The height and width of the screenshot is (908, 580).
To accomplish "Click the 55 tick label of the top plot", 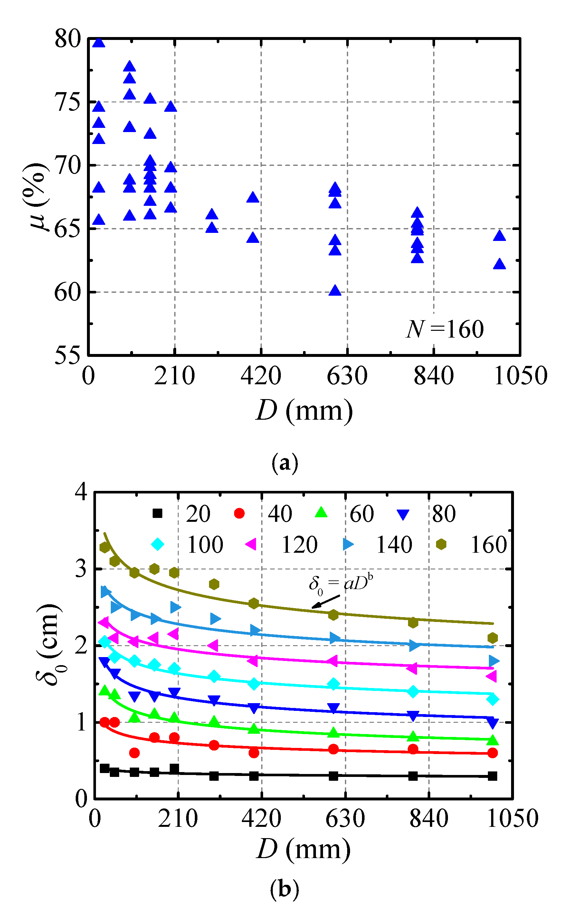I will [x=68, y=355].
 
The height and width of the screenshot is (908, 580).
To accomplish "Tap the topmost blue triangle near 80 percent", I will [x=99, y=43].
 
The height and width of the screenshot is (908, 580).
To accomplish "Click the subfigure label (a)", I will [x=285, y=464].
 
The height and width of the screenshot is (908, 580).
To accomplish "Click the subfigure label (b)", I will [x=285, y=889].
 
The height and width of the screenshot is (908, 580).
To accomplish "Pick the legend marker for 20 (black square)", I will [x=157, y=513].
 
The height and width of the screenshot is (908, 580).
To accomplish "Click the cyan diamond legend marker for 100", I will [x=157, y=544].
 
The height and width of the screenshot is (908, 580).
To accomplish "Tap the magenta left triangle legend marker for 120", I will [x=251, y=544].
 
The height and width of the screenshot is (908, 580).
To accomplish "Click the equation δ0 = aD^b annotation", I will [x=341, y=584].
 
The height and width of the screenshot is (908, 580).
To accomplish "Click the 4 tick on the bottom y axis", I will [x=81, y=492].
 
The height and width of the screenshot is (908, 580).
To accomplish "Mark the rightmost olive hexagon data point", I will [x=492, y=638].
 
